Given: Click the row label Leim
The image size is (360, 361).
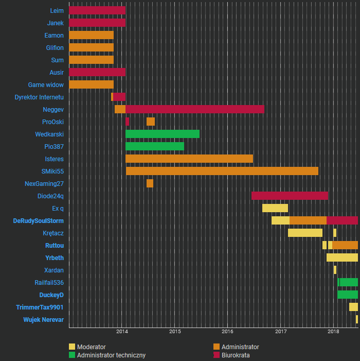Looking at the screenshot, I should tap(57, 11).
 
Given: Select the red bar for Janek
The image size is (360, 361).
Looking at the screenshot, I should tap(97, 23).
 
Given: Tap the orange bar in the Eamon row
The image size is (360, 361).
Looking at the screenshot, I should tap(91, 35).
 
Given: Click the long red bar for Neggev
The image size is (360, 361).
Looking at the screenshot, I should tap(194, 109).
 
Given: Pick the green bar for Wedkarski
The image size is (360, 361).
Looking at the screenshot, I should tap(162, 134).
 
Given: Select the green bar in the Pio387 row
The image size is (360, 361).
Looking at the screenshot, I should tap(154, 146).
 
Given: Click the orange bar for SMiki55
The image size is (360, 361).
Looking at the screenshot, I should tap(222, 171).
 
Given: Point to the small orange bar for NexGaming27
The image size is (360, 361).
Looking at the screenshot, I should tap(150, 183).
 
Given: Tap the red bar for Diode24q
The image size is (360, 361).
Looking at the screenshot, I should tap(290, 196).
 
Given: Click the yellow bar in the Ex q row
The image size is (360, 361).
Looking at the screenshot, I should tap(275, 208).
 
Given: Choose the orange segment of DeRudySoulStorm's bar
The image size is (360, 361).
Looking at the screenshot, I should tap(308, 220).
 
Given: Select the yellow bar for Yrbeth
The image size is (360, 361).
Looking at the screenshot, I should tap(342, 257).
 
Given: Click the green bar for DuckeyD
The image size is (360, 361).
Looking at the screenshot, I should tap(348, 295).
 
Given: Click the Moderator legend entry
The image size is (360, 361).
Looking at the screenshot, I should tap(91, 347).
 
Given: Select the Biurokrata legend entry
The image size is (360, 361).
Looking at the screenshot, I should tap(235, 355).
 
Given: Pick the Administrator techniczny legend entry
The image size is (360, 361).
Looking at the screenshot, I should tap(111, 355).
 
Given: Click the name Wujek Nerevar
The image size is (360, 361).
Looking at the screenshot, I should tap(43, 319).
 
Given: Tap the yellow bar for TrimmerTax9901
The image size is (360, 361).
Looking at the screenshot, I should tap(353, 307).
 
